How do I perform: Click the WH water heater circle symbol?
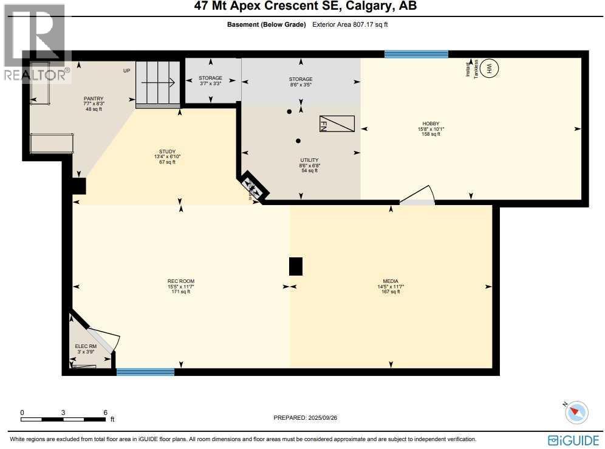[491, 69]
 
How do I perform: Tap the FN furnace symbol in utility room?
[337, 124]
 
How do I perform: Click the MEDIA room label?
[390, 281]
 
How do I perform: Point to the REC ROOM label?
[180, 281]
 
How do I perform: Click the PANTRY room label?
[94, 99]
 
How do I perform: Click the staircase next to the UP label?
[158, 83]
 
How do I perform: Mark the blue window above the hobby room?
[416, 54]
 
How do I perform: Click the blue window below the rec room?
[145, 372]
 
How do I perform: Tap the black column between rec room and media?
[295, 266]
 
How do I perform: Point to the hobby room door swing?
[418, 195]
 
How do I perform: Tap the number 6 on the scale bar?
[105, 412]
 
